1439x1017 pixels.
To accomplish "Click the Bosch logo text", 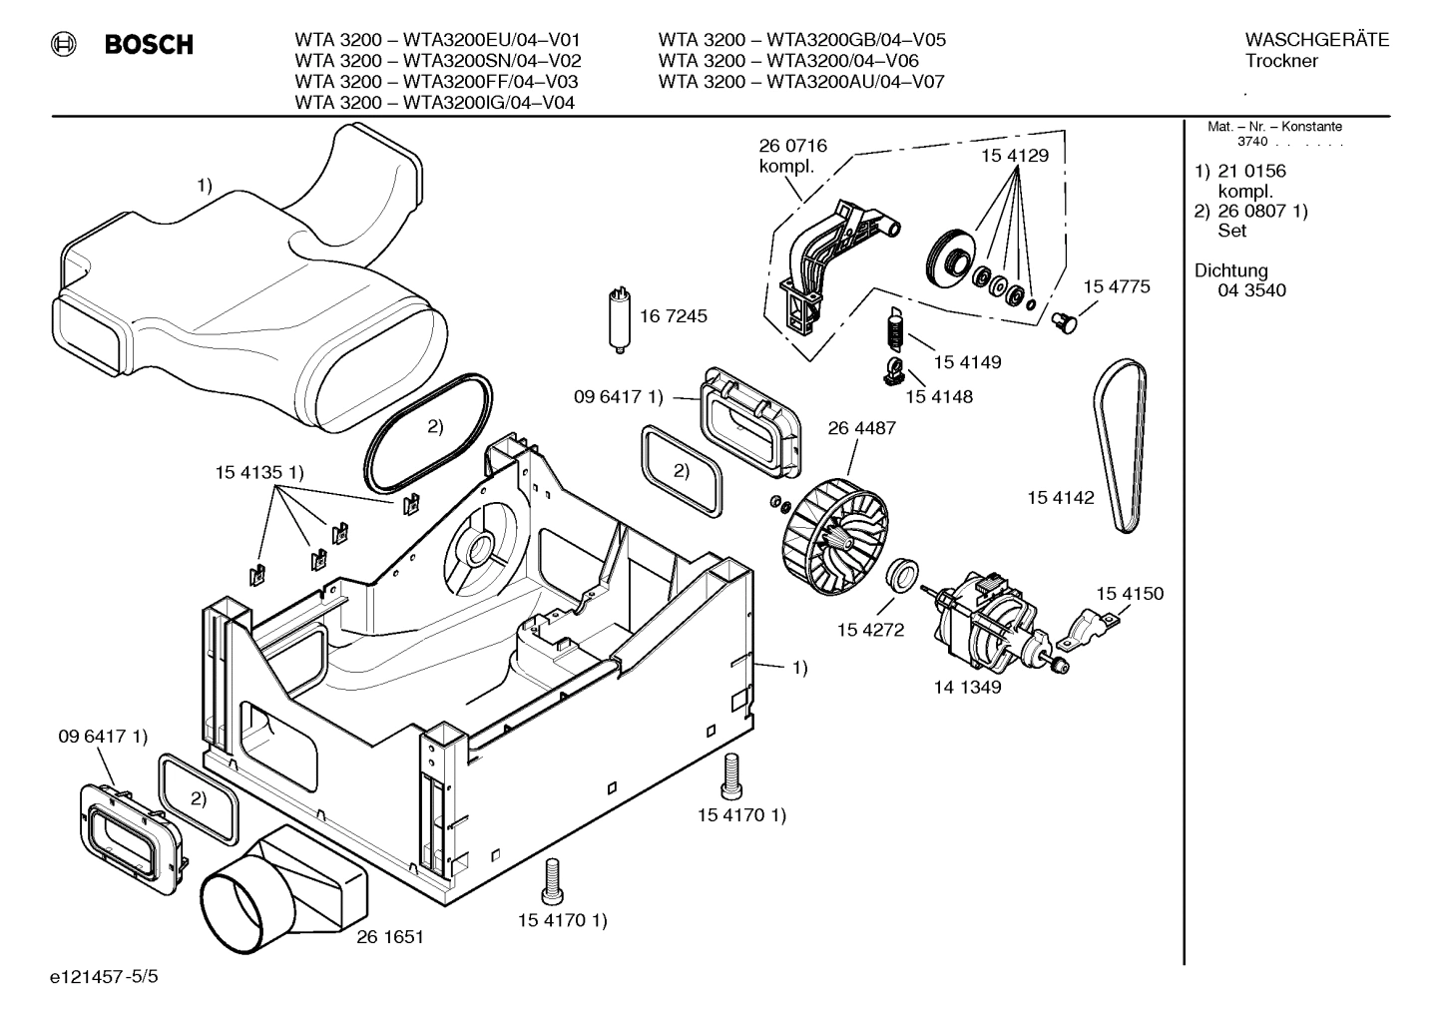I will click(x=149, y=45).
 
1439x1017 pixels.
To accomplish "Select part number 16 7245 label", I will click(x=673, y=316).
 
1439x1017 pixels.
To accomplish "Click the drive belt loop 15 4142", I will click(x=1121, y=444).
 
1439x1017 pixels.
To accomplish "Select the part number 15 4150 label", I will click(x=1130, y=594).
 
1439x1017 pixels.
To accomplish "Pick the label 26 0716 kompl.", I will click(x=792, y=156).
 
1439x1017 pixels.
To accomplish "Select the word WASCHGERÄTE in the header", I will click(x=1316, y=40).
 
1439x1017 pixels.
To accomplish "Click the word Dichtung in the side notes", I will click(x=1230, y=270).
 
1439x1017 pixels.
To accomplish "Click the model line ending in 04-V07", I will click(x=800, y=82).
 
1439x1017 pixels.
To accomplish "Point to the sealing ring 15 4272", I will click(x=902, y=576).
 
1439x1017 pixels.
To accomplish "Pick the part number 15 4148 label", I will click(x=938, y=396).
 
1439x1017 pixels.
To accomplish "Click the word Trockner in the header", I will click(x=1281, y=61).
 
